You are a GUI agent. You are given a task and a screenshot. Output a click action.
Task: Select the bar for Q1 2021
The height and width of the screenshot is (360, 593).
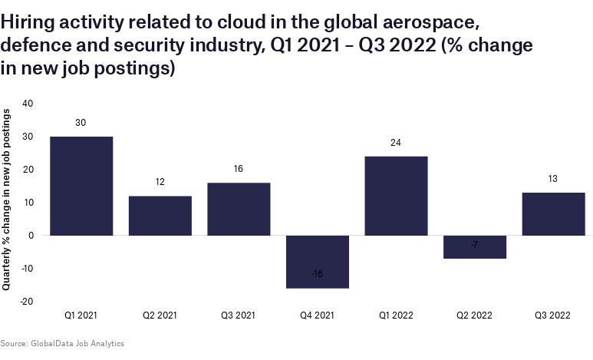click(81, 186)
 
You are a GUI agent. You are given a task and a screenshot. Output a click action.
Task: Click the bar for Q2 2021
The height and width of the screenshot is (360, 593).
click(160, 216)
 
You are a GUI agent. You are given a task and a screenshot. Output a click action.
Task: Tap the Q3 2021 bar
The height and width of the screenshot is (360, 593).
click(239, 209)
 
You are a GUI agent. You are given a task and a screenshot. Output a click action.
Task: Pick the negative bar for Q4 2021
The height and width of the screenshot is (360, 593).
click(318, 262)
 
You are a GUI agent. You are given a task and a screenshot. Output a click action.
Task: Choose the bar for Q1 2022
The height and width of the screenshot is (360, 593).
click(396, 196)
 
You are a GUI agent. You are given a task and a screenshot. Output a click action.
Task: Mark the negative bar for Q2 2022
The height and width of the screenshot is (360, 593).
click(475, 247)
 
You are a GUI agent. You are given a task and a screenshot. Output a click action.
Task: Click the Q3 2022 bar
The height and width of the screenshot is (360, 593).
click(553, 214)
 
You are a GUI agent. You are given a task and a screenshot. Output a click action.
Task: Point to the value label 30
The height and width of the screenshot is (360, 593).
click(81, 123)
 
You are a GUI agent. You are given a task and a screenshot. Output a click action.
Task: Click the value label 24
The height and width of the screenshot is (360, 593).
click(396, 143)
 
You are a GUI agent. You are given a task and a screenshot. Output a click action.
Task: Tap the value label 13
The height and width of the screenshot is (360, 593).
click(553, 179)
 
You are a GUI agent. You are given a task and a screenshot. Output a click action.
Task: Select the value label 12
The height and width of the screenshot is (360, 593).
click(160, 182)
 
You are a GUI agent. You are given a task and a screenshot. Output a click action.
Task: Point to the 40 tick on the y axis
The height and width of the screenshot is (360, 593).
click(28, 103)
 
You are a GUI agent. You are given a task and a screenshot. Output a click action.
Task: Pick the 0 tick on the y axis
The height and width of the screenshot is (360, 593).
click(32, 236)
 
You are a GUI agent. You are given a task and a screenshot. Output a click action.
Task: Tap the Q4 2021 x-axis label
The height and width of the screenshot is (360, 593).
click(318, 315)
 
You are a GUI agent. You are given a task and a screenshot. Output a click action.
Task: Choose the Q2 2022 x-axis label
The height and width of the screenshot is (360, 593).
click(475, 315)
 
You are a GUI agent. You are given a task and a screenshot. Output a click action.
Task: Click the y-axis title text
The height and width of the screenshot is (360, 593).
click(7, 199)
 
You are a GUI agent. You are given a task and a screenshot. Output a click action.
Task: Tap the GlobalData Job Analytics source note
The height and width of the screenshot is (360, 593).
click(62, 343)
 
